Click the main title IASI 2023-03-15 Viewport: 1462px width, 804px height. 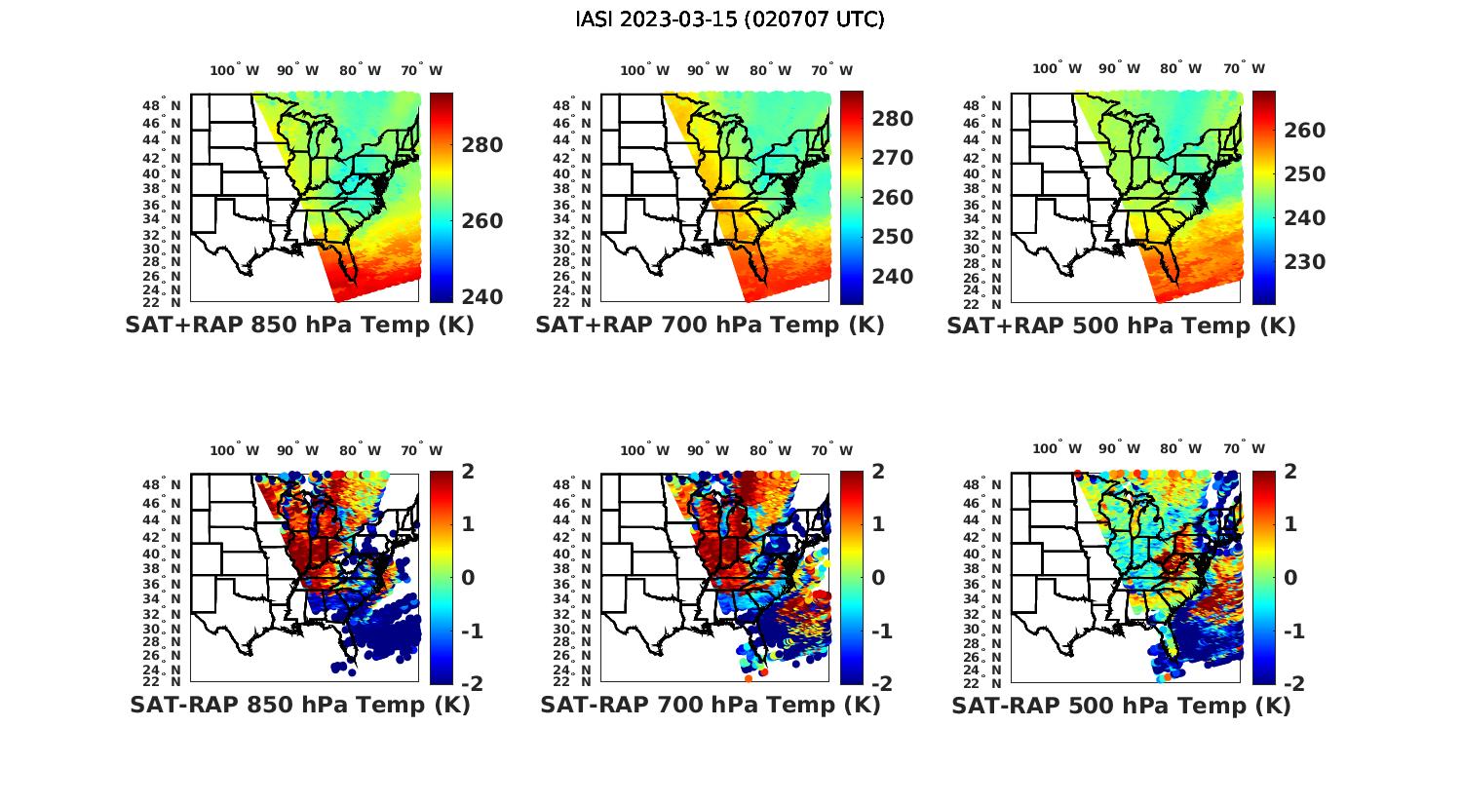pos(730,19)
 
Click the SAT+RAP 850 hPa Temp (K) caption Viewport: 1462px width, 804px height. pos(299,325)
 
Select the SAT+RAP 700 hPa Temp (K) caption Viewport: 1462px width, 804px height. pos(710,325)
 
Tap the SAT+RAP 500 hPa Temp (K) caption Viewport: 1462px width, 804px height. pos(1121,325)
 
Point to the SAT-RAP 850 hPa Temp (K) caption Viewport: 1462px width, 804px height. pos(299,706)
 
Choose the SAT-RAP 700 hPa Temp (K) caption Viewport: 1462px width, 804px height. pos(710,706)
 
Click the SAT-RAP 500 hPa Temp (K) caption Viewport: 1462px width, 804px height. pos(1121,706)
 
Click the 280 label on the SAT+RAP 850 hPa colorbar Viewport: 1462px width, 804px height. pos(481,145)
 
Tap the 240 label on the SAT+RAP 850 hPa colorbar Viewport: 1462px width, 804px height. pos(481,296)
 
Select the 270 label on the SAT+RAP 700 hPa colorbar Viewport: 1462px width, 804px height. pos(892,158)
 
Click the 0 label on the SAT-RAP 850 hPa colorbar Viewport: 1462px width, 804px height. pos(467,578)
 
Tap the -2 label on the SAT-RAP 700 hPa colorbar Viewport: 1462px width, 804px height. pos(879,684)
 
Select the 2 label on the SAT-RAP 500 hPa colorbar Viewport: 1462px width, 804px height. pos(1291,472)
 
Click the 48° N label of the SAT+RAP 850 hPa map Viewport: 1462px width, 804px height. pos(162,106)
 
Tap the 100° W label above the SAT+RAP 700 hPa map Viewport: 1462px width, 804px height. pos(644,70)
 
